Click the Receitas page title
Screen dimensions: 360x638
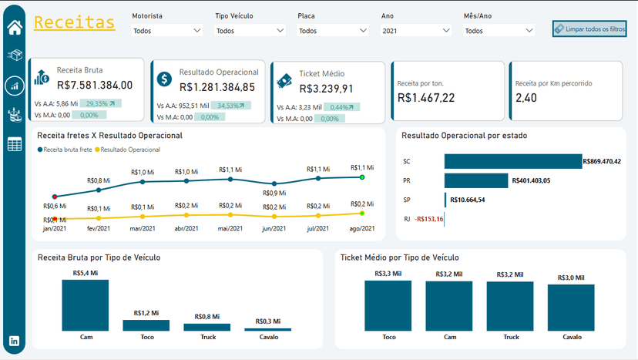75,22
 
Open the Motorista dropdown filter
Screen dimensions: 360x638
166,31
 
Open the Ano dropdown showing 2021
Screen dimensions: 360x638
415,31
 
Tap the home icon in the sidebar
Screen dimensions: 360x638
15,28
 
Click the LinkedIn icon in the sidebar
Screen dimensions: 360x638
15,341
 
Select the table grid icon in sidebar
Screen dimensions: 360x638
15,144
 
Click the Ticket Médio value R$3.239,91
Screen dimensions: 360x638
326,89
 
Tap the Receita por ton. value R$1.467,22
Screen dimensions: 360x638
426,98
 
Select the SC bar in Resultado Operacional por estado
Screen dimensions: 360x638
512,161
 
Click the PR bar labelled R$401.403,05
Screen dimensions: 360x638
476,180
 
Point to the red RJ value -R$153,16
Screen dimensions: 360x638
428,219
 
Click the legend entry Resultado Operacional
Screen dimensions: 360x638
129,149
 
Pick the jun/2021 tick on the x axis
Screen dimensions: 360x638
274,228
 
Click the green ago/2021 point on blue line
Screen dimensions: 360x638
361,177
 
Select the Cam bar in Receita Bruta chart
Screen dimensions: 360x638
85,305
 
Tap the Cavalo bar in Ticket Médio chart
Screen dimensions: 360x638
571,308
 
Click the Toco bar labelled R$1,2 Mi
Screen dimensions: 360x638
146,325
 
